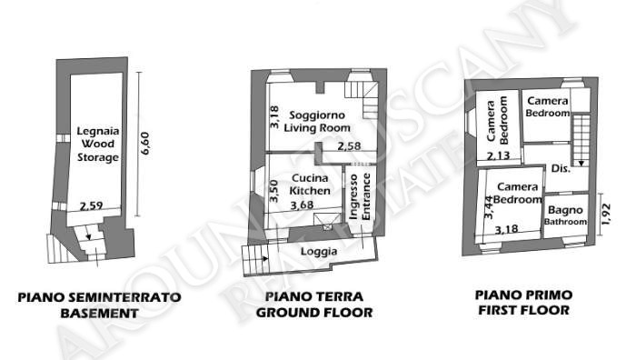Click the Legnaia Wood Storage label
click(x=98, y=144)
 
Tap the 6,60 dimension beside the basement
click(x=144, y=144)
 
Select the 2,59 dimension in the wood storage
click(x=91, y=205)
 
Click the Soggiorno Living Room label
click(x=317, y=121)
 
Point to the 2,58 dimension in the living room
click(x=349, y=145)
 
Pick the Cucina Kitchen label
click(x=311, y=185)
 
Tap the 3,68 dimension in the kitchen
click(x=302, y=205)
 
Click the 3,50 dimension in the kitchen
click(x=274, y=191)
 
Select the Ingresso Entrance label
click(x=361, y=196)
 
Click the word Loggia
click(x=319, y=252)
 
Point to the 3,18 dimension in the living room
click(x=274, y=117)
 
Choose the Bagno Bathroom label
click(x=565, y=215)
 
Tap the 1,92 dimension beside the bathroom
click(x=606, y=214)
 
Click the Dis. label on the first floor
click(x=561, y=168)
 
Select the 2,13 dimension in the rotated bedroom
click(x=498, y=155)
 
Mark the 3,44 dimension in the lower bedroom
click(x=489, y=207)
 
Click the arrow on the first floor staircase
click(x=581, y=163)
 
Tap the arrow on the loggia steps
click(x=265, y=258)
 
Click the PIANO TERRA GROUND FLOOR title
click(x=314, y=305)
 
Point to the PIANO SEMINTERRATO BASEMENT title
click(x=99, y=305)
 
